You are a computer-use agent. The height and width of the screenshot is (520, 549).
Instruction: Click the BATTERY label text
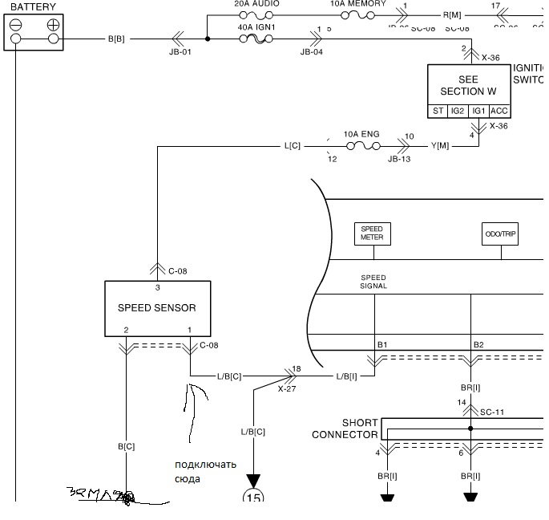point(33,7)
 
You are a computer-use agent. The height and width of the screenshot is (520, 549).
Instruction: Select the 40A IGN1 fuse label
point(256,27)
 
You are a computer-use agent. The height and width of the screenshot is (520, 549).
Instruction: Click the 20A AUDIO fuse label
point(256,4)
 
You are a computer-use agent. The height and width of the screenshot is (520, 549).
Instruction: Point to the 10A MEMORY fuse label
point(357,4)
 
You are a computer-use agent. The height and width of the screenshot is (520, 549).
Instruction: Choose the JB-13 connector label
point(399,159)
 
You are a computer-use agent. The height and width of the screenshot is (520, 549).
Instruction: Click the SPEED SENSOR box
point(157,308)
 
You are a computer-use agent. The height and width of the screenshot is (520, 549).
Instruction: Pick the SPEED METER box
point(371,234)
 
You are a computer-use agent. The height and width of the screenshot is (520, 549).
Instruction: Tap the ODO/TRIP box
point(501,234)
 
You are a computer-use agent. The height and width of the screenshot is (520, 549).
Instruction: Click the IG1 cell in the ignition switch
point(478,112)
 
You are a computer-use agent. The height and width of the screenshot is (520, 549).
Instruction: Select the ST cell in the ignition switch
point(438,112)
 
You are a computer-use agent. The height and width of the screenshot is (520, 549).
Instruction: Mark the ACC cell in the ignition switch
point(499,112)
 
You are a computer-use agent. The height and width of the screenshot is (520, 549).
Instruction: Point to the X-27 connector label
point(288,388)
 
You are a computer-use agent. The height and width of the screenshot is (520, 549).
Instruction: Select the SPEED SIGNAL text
point(373,282)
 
